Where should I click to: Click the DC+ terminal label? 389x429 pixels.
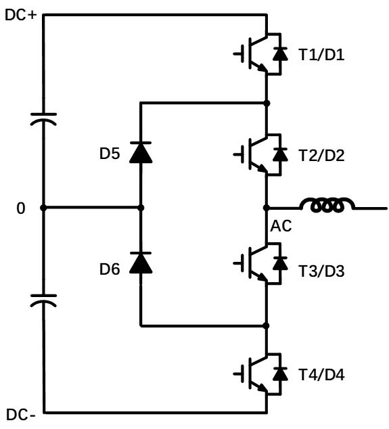(20, 14)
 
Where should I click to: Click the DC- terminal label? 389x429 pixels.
(20, 413)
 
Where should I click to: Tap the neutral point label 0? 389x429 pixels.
(20, 208)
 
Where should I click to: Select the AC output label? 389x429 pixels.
(281, 226)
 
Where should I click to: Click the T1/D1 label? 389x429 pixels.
(321, 54)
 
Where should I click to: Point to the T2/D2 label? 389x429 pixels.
(321, 156)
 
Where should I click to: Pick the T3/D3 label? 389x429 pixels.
(321, 272)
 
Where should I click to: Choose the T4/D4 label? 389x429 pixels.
(321, 374)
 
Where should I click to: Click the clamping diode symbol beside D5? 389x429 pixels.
(141, 153)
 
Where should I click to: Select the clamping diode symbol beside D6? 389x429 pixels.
(141, 263)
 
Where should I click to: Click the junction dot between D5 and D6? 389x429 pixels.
(141, 208)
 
